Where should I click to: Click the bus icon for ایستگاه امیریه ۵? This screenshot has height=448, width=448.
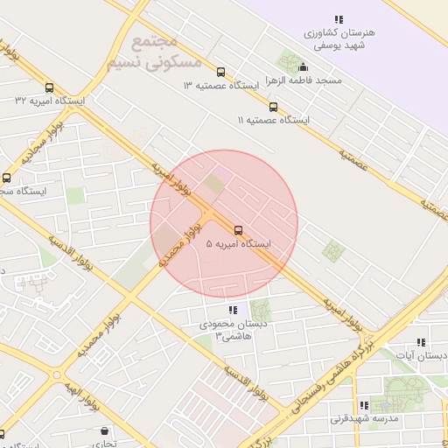click(239, 231)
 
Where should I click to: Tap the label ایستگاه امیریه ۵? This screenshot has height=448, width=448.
click(239, 245)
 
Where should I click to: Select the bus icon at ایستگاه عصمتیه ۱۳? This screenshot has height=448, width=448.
click(220, 73)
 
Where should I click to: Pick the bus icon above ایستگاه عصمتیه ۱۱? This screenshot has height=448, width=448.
click(274, 107)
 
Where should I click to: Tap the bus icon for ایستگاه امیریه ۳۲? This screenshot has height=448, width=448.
click(50, 88)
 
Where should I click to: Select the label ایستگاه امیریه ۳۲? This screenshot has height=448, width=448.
click(51, 101)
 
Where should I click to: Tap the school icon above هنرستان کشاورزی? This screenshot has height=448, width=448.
click(338, 19)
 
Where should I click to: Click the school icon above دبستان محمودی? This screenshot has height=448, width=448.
click(232, 310)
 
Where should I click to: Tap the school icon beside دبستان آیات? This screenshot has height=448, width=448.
click(421, 342)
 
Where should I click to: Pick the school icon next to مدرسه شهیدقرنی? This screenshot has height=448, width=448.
click(364, 405)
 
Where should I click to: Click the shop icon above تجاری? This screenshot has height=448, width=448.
click(106, 431)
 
